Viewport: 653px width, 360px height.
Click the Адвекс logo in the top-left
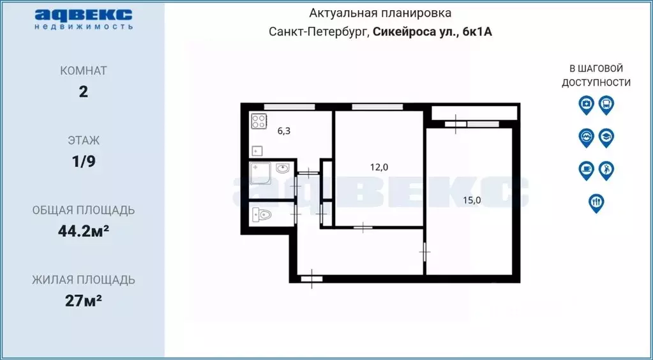(83, 18)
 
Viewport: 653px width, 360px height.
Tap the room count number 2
(83, 91)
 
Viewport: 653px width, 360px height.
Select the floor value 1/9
(83, 161)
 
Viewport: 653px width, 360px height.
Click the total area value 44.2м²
(83, 230)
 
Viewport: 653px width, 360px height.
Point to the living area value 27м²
(83, 300)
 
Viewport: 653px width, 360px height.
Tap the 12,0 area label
(378, 167)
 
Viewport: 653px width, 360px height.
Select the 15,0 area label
(472, 200)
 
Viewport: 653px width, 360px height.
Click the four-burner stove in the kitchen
(259, 121)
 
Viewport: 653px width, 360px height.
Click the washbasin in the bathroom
(283, 169)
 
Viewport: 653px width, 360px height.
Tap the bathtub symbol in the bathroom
(260, 172)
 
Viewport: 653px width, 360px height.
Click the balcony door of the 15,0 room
(456, 124)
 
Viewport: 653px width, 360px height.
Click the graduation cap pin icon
(606, 137)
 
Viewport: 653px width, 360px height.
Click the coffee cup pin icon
(585, 169)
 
